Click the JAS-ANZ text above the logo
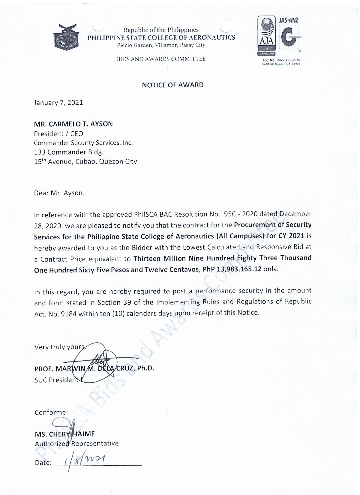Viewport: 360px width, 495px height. [x=289, y=20]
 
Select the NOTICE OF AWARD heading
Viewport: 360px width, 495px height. [x=173, y=85]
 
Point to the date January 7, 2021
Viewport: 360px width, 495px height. [x=58, y=103]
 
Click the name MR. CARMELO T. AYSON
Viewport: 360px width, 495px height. [x=73, y=124]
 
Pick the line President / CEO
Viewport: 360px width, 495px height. [x=58, y=133]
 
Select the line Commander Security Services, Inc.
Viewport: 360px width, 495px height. [x=83, y=143]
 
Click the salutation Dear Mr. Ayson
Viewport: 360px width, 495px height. [x=59, y=193]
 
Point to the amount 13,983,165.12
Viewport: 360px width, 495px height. [x=239, y=269]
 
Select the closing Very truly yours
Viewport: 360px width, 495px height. [x=60, y=347]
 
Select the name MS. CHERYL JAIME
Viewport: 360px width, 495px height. [x=65, y=434]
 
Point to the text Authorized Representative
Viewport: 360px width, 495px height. [x=77, y=443]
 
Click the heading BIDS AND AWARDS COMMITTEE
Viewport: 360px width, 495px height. [x=161, y=59]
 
